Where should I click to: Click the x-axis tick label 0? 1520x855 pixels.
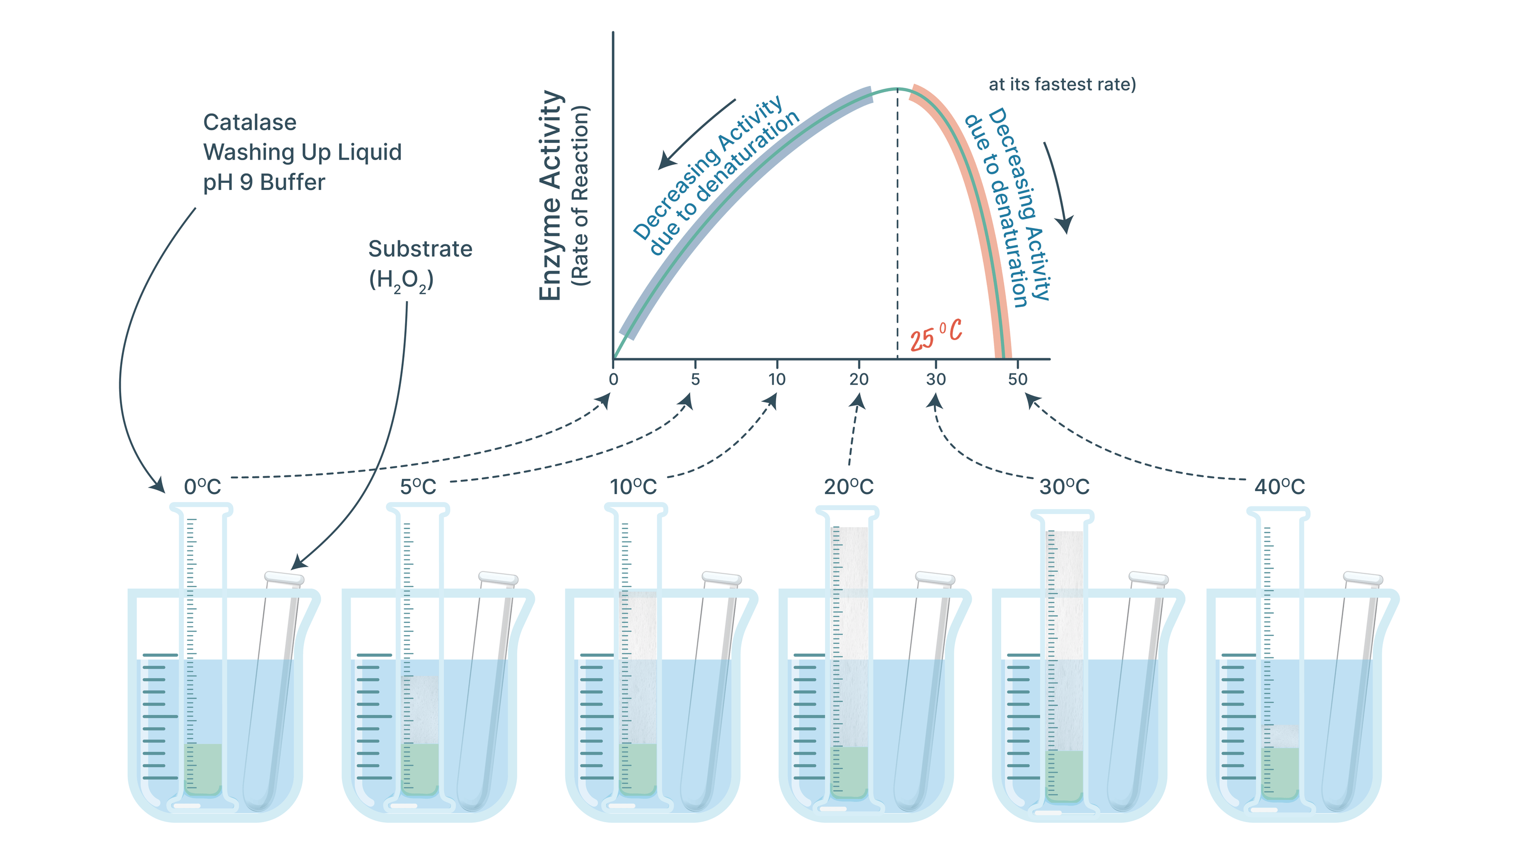[x=614, y=380]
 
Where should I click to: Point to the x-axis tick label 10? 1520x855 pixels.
[x=777, y=380]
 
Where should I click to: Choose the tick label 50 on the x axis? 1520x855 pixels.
[x=1018, y=380]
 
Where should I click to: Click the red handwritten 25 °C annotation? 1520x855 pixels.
[x=936, y=335]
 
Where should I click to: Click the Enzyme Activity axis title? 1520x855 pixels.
[x=550, y=195]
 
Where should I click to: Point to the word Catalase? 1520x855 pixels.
[x=249, y=122]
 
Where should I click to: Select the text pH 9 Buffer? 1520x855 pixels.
[x=264, y=182]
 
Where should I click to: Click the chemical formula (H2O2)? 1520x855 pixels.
[x=401, y=280]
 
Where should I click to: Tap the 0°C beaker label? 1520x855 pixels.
[x=202, y=487]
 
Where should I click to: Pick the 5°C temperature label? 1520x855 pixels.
[x=418, y=487]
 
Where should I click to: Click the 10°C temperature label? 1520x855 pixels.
[x=633, y=487]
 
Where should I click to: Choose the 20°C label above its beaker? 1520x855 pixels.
[x=848, y=487]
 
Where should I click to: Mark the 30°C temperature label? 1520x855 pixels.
[x=1064, y=487]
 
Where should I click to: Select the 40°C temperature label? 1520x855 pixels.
[x=1279, y=487]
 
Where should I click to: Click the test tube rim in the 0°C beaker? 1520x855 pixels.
[x=285, y=578]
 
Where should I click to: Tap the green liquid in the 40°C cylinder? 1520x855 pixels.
[x=1280, y=773]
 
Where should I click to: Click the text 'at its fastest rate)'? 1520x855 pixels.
[x=1062, y=85]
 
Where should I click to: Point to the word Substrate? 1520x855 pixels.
[x=420, y=249]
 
